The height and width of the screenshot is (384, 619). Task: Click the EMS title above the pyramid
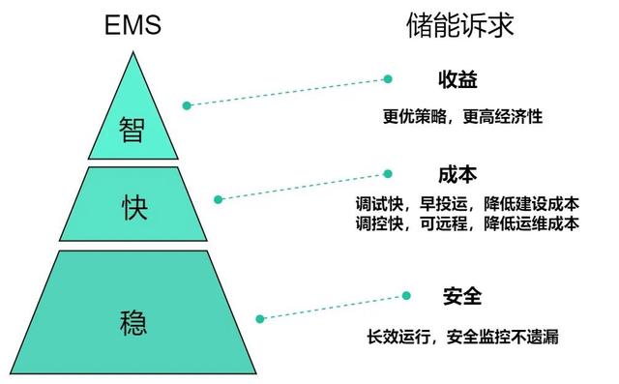pyautogui.click(x=132, y=26)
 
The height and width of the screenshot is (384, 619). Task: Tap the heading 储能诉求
pyautogui.click(x=459, y=26)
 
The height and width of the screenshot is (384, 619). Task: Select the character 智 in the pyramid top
pyautogui.click(x=133, y=130)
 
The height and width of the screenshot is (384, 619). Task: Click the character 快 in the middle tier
pyautogui.click(x=133, y=207)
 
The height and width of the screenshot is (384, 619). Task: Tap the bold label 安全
pyautogui.click(x=462, y=296)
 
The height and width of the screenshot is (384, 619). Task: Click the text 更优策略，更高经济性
pyautogui.click(x=462, y=117)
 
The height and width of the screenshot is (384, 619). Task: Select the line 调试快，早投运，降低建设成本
pyautogui.click(x=467, y=204)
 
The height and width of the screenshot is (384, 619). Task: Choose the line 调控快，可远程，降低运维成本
pyautogui.click(x=467, y=223)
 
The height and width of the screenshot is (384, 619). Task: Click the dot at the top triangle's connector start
pyautogui.click(x=187, y=103)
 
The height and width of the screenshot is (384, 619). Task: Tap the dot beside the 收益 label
pyautogui.click(x=388, y=78)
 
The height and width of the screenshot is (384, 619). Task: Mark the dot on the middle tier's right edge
pyautogui.click(x=219, y=199)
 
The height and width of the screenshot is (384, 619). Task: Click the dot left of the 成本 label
pyautogui.click(x=389, y=175)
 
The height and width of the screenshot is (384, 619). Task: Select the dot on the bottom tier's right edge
pyautogui.click(x=259, y=317)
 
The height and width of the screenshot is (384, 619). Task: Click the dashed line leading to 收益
pyautogui.click(x=287, y=91)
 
